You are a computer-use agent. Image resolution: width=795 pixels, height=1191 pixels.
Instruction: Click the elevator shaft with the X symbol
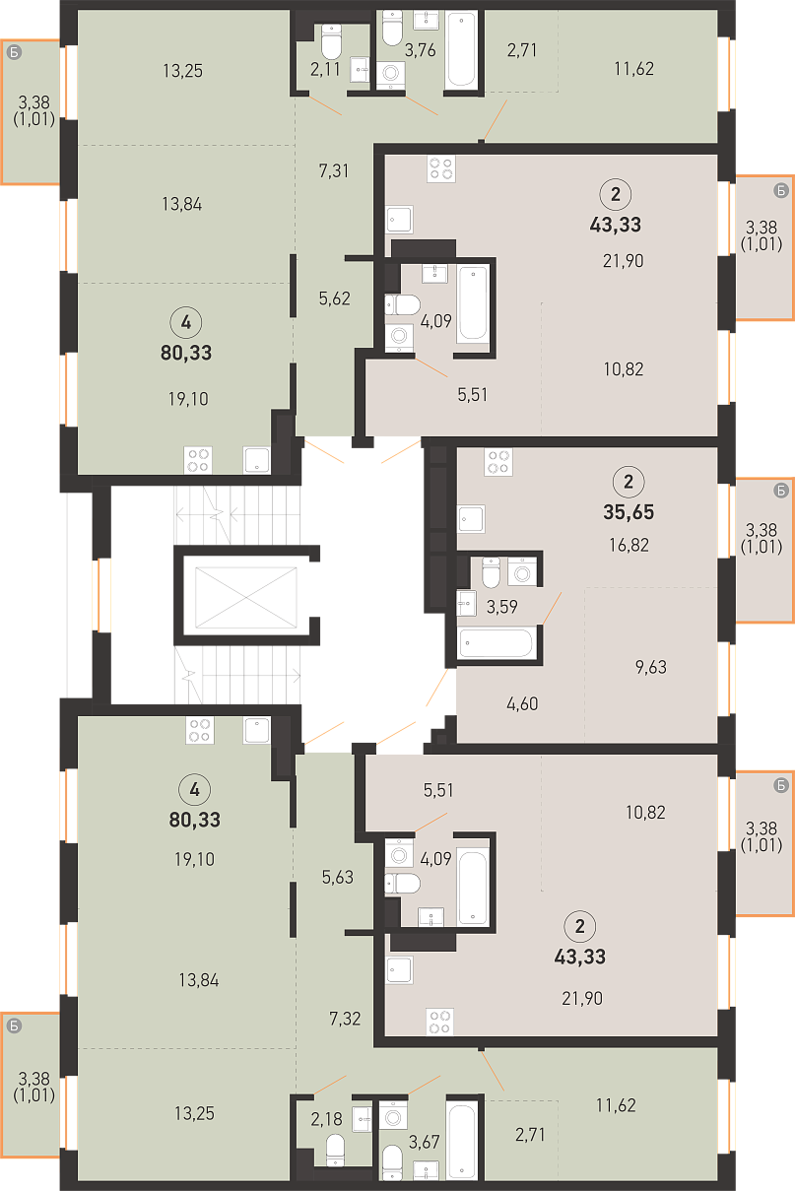pyautogui.click(x=245, y=598)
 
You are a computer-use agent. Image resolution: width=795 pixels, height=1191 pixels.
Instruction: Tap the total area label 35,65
pyautogui.click(x=629, y=512)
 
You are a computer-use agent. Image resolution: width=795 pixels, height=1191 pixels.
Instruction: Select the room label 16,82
pyautogui.click(x=629, y=545)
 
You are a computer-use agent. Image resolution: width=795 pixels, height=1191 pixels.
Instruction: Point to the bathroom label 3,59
pyautogui.click(x=502, y=607)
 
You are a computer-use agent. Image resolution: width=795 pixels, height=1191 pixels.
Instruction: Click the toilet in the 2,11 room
pyautogui.click(x=331, y=41)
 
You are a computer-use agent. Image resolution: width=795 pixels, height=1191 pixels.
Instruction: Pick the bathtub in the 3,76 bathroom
pyautogui.click(x=461, y=49)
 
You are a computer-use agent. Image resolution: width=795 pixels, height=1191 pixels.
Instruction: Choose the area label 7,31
pyautogui.click(x=334, y=171)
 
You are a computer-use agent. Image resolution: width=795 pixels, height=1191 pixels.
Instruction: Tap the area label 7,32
pyautogui.click(x=345, y=1019)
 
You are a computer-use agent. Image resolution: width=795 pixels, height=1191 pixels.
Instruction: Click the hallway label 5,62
pyautogui.click(x=335, y=298)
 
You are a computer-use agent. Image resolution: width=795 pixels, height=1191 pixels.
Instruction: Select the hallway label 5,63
pyautogui.click(x=337, y=877)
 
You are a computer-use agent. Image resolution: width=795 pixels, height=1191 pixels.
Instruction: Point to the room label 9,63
pyautogui.click(x=651, y=667)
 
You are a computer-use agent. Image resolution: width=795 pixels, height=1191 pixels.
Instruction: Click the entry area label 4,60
pyautogui.click(x=522, y=704)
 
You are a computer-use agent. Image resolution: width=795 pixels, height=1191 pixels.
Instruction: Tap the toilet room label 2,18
pyautogui.click(x=326, y=1119)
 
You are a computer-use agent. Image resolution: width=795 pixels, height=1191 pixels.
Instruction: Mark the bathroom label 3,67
pyautogui.click(x=424, y=1142)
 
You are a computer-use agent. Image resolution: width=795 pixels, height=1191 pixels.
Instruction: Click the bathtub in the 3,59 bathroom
pyautogui.click(x=496, y=643)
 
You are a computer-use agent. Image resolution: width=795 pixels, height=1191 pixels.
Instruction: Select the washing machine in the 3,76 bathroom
pyautogui.click(x=391, y=72)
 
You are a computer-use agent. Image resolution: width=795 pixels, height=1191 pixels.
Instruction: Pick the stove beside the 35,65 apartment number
pyautogui.click(x=498, y=462)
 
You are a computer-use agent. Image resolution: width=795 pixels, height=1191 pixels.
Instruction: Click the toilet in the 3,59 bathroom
pyautogui.click(x=491, y=572)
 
